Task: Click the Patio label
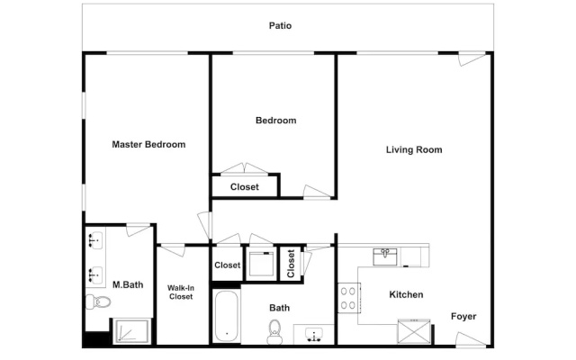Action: coord(280,26)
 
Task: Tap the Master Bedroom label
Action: coord(148,144)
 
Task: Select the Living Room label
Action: coord(414,150)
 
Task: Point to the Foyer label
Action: coord(463,317)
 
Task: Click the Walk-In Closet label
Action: coord(181,292)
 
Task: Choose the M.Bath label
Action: coord(128,284)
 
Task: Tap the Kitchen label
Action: coord(406,294)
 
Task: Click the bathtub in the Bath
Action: coord(226,317)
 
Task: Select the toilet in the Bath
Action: coord(274,332)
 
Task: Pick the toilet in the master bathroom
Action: coord(98,302)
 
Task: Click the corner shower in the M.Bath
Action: coord(131,331)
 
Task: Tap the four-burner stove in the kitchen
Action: coord(348,298)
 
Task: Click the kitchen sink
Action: coord(385,256)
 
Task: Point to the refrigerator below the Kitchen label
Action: coord(414,332)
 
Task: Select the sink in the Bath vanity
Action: coord(314,335)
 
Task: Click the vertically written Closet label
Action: coord(291,264)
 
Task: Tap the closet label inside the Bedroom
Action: coord(245,187)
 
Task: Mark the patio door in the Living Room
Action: coord(472,58)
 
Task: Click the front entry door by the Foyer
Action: coord(471,339)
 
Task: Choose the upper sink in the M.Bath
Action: coord(95,240)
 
